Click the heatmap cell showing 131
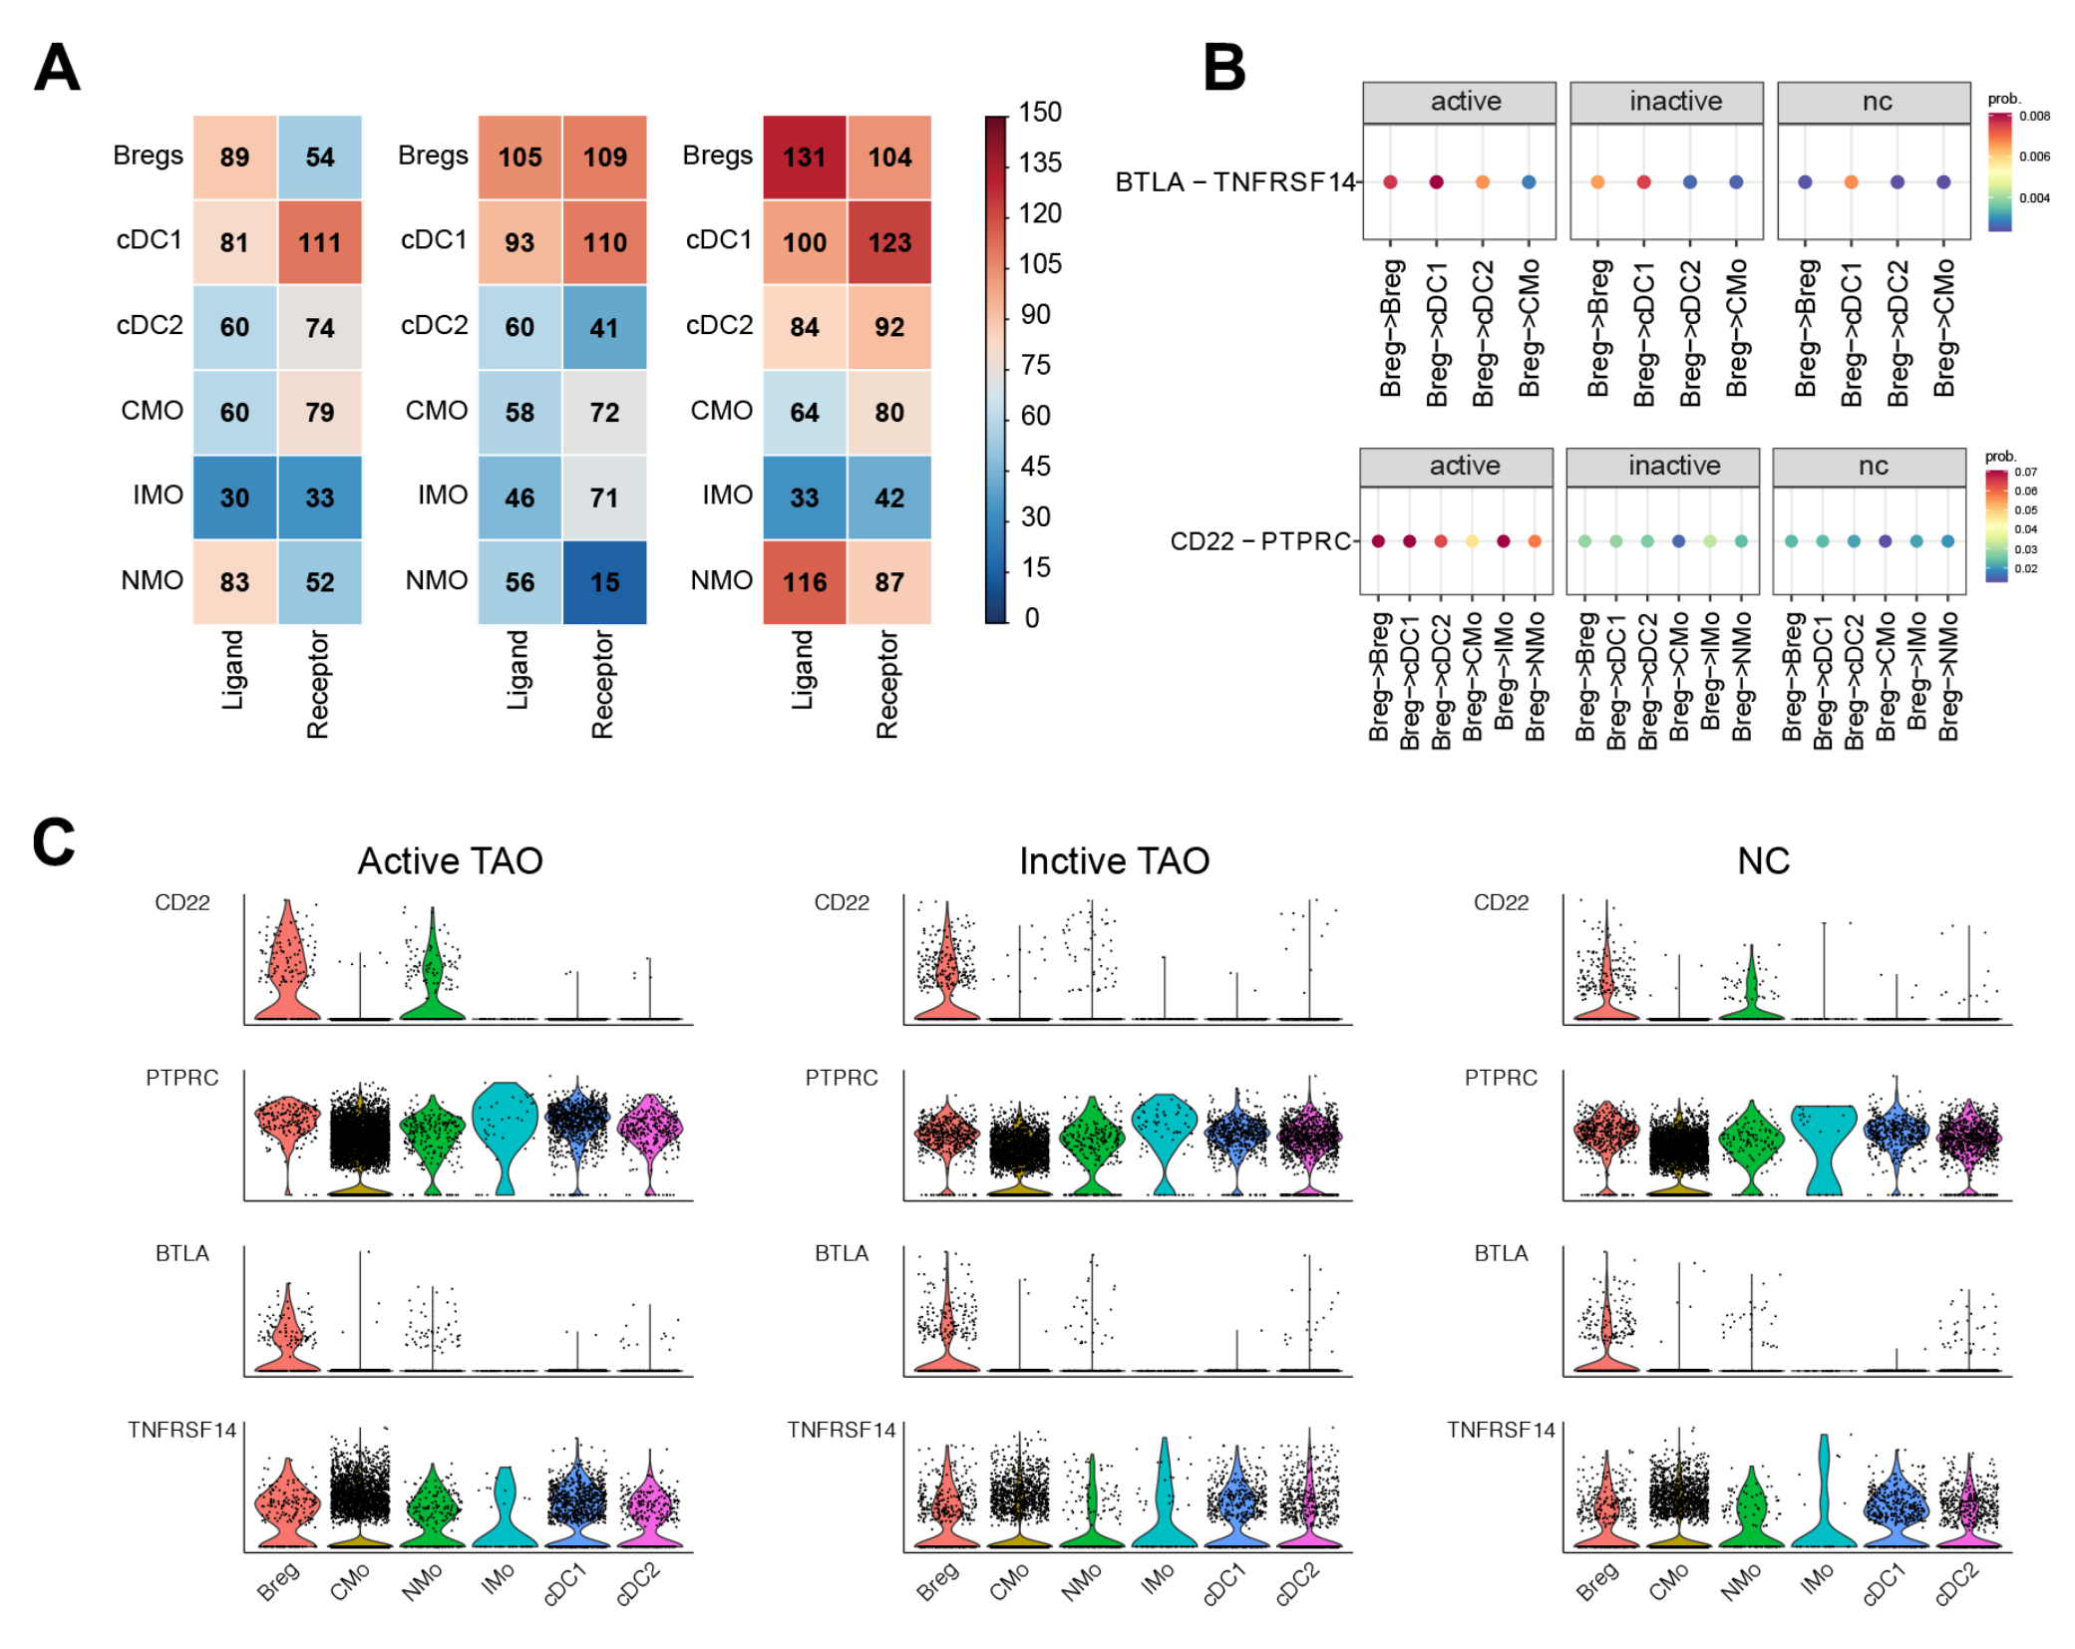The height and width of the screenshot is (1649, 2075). coord(804,158)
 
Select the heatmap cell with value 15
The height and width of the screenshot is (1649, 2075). coord(604,582)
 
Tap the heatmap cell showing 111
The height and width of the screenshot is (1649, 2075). coord(319,242)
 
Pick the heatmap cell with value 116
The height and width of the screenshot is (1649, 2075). coord(804,582)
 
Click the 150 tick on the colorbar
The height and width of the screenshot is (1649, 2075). coord(1040,113)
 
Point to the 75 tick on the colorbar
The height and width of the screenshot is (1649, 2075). coord(1035,366)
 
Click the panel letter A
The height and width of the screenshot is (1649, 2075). coord(57,68)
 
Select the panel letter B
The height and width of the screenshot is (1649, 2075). coord(1224,68)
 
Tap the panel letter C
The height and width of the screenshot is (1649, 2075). coord(54,842)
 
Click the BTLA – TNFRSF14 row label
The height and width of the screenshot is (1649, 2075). coord(1234,182)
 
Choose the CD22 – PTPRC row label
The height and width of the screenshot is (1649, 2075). coord(1260,541)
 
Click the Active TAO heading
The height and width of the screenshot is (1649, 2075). coord(450,860)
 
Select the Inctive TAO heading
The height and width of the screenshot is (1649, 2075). coord(1114,860)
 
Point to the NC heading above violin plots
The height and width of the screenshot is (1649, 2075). coord(1763,860)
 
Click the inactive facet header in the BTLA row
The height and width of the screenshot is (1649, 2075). coord(1675,102)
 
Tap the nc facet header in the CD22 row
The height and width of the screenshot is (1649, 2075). coord(1873,467)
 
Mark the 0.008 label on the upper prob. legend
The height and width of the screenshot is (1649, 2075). coord(2034,117)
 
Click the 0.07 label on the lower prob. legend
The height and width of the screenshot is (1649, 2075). coord(2025,473)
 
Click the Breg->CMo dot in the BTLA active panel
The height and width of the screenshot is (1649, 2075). coord(1529,182)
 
